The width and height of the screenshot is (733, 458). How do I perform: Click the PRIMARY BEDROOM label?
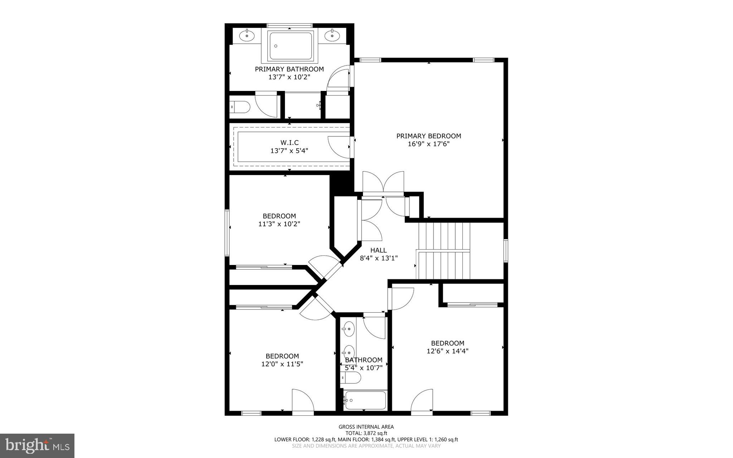(x=428, y=136)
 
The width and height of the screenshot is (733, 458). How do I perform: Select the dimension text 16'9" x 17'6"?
(x=428, y=144)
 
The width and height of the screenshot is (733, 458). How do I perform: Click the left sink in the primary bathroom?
(x=247, y=35)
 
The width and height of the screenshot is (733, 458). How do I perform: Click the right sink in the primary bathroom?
(x=332, y=35)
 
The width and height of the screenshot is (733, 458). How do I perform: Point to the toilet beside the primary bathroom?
(x=240, y=106)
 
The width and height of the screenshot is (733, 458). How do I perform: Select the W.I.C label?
(x=289, y=143)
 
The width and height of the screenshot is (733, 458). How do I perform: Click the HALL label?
(x=378, y=250)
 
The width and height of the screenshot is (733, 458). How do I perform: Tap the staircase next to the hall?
(x=444, y=251)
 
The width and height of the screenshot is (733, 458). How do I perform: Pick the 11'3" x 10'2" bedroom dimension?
(x=279, y=224)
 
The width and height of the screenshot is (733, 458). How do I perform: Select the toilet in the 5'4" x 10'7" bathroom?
(x=351, y=377)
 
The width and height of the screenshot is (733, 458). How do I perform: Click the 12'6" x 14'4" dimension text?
(x=447, y=351)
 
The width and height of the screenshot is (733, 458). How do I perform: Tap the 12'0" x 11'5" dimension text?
(x=282, y=364)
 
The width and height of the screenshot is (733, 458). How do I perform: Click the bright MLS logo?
(x=37, y=445)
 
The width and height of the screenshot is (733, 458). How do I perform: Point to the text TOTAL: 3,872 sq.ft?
(x=366, y=433)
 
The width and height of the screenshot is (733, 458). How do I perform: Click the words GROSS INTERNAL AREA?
(x=366, y=426)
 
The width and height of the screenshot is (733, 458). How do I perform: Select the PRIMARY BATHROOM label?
(x=289, y=69)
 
